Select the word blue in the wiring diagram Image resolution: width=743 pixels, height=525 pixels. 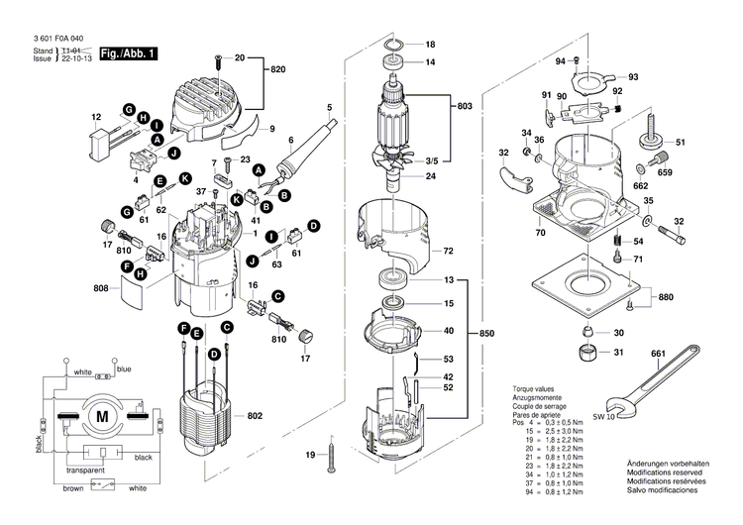pyautogui.click(x=124, y=369)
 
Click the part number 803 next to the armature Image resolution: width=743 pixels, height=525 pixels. pyautogui.click(x=464, y=105)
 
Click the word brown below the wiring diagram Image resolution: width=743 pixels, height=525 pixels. pyautogui.click(x=72, y=488)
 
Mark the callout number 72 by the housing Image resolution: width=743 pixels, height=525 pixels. pyautogui.click(x=448, y=251)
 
